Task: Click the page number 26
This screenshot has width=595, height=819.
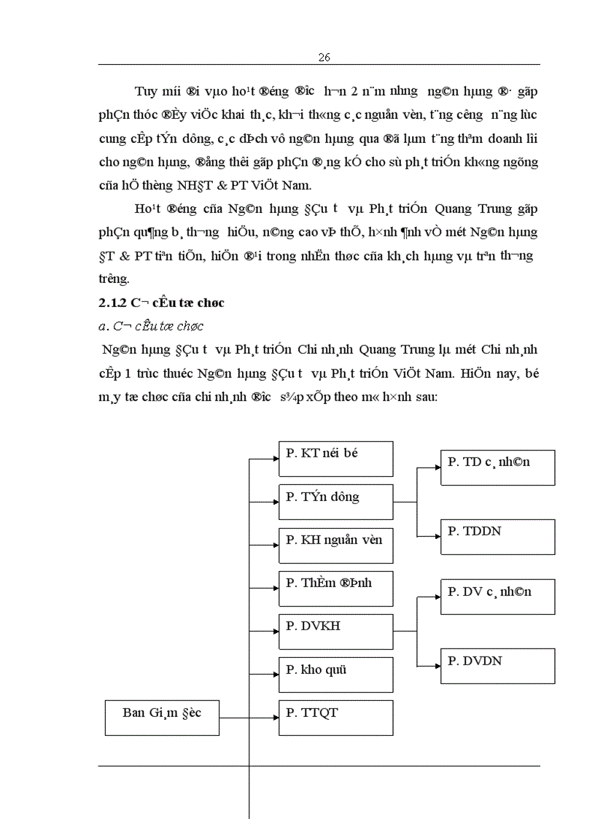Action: click(325, 58)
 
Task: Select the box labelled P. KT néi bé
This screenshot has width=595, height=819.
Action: click(336, 459)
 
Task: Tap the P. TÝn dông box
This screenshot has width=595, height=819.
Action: click(336, 502)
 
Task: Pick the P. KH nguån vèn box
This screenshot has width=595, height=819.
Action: click(336, 545)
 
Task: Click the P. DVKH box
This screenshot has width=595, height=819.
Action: click(336, 632)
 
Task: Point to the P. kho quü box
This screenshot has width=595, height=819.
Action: click(336, 675)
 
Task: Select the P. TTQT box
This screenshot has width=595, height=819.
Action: click(336, 718)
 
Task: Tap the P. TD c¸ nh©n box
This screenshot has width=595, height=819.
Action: click(498, 467)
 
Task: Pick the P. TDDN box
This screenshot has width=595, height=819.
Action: click(498, 537)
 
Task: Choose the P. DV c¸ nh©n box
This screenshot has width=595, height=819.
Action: click(498, 597)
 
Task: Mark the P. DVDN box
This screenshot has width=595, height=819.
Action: click(498, 666)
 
